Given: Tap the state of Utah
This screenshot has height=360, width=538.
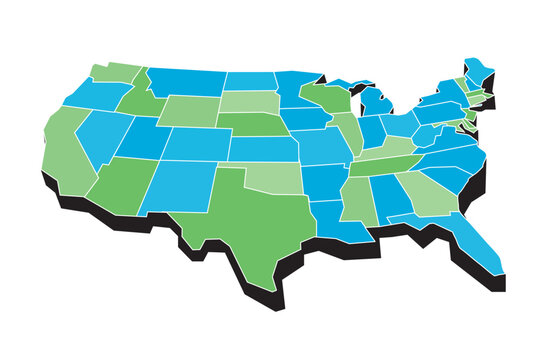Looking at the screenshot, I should tap(145, 139).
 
